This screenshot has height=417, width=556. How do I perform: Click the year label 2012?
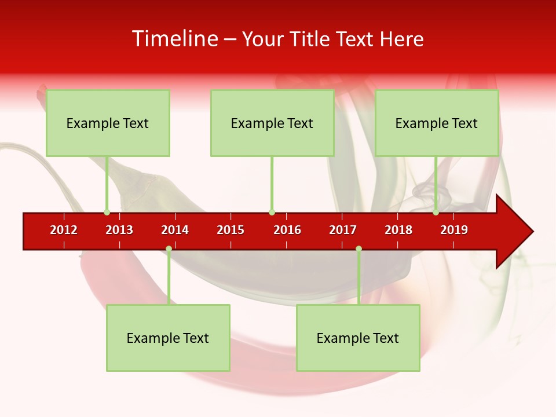(64, 230)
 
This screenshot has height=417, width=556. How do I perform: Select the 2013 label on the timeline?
(119, 230)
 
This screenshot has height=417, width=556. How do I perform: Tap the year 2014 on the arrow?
(175, 230)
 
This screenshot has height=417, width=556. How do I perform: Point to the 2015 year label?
(231, 230)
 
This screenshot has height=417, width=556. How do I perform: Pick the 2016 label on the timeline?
(287, 230)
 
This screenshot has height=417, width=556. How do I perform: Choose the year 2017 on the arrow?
(343, 230)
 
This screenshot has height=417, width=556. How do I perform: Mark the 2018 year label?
(398, 230)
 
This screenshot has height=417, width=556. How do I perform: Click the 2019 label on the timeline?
(454, 230)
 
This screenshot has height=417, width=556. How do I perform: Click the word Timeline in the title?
(174, 39)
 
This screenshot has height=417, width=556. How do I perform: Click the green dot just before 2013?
(107, 213)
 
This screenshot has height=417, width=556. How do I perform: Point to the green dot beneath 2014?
(169, 249)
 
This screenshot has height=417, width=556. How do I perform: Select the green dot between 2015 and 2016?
(272, 213)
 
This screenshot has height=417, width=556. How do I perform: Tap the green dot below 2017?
(359, 249)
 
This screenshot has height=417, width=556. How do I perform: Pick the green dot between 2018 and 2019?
(436, 213)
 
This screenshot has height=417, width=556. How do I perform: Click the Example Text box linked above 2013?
(108, 123)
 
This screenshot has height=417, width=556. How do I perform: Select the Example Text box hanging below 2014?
(168, 338)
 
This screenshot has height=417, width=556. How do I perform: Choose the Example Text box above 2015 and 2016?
(272, 123)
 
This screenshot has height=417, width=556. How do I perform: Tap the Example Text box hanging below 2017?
(358, 338)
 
